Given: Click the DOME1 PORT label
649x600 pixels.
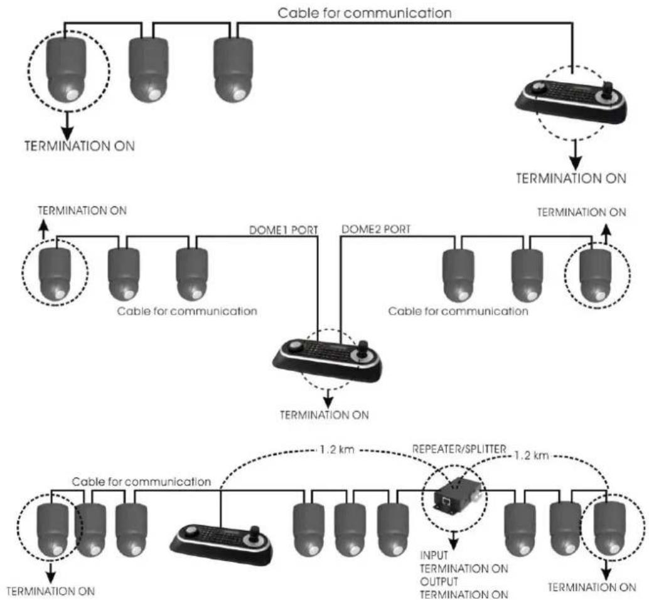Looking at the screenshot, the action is tap(284, 230).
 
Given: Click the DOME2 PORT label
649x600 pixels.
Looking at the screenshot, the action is tap(376, 229).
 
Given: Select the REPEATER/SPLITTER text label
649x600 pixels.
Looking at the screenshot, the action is tap(459, 449).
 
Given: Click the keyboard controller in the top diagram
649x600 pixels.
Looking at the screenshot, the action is tap(571, 102).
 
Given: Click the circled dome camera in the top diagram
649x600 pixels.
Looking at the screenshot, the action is tap(67, 70).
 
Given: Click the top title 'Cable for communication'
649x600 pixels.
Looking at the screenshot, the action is tap(364, 13).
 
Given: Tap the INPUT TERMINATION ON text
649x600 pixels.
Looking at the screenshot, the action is tap(464, 562).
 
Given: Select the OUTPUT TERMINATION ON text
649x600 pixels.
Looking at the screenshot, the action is tap(464, 588).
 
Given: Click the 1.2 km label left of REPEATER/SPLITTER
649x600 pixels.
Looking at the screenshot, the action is tap(337, 450).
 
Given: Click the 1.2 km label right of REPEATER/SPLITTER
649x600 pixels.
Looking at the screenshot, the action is tap(532, 456).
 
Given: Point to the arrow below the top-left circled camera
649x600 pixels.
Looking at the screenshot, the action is tap(67, 125).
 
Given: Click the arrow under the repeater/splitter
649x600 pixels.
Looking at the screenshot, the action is tap(454, 539).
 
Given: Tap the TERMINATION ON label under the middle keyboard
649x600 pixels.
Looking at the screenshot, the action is tap(324, 415).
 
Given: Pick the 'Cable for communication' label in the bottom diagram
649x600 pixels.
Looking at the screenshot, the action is tap(141, 482).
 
